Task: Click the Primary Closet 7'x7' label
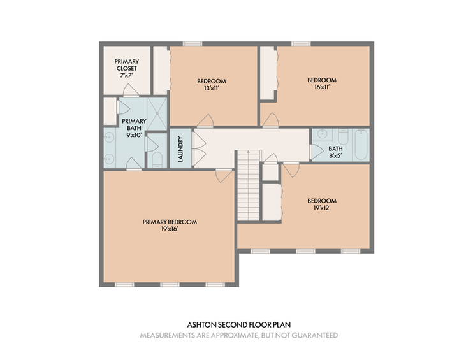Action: [x=127, y=68]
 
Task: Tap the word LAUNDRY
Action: [x=180, y=149]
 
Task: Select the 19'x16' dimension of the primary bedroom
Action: [x=170, y=229]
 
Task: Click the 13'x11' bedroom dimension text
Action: [x=211, y=88]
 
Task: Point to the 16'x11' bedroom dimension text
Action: [x=322, y=87]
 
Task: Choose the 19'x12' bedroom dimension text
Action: [x=322, y=208]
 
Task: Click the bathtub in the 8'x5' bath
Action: [x=361, y=145]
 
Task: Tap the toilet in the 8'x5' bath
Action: [x=343, y=136]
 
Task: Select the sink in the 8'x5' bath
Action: [x=323, y=134]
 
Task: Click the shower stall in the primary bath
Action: [x=157, y=114]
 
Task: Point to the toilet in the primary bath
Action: [x=157, y=159]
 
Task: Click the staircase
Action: [x=249, y=185]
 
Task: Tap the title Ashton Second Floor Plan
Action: [x=239, y=325]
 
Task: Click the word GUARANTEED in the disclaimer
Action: [x=315, y=335]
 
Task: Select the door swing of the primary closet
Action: [x=131, y=90]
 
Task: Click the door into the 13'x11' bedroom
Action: [x=205, y=121]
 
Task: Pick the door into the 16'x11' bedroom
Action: [x=270, y=120]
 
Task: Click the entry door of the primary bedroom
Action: [x=224, y=176]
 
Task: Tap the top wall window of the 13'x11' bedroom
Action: [x=193, y=44]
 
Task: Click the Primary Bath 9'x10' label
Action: [x=134, y=128]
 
